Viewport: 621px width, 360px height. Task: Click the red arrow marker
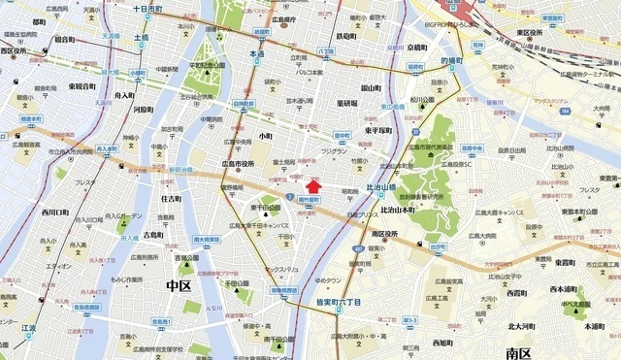pyautogui.click(x=312, y=184)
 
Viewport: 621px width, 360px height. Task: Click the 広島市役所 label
pyautogui.click(x=237, y=164)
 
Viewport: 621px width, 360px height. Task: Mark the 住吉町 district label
pyautogui.click(x=170, y=199)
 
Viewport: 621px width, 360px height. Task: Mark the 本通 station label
pyautogui.click(x=257, y=56)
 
